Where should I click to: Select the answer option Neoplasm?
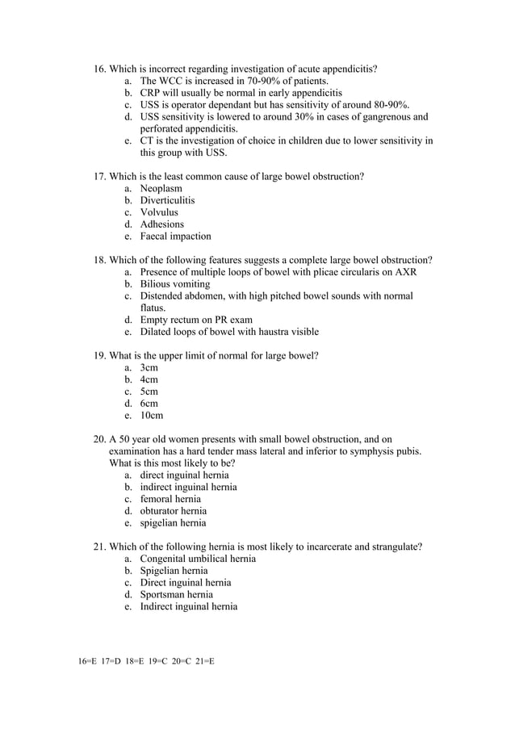(161, 188)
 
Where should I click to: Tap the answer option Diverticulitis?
(167, 200)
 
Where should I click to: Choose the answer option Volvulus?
(159, 212)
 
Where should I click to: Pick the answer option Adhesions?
(161, 224)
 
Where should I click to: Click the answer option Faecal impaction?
(175, 237)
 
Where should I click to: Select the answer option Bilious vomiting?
(174, 284)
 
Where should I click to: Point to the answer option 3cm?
(149, 367)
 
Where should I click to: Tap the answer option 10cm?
(151, 416)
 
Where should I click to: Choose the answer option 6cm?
(149, 404)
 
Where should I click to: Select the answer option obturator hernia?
(173, 511)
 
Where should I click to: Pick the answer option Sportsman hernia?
(176, 594)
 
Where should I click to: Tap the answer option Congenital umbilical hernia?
(198, 559)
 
